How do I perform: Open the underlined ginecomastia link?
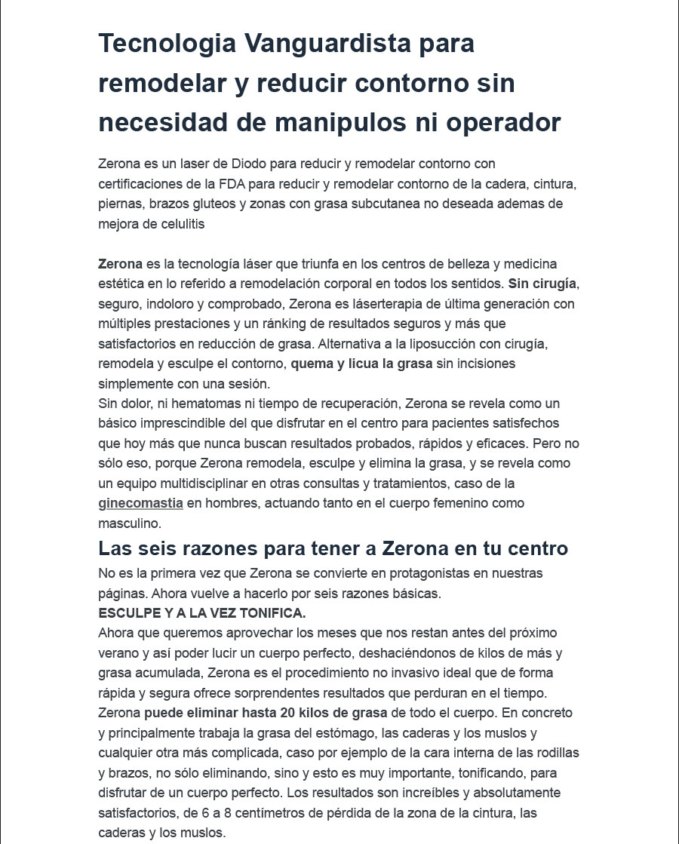coord(140,503)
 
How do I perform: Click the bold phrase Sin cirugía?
coord(542,284)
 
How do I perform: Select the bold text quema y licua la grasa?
coord(362,364)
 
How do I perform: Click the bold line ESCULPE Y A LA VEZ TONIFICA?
coord(201,612)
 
